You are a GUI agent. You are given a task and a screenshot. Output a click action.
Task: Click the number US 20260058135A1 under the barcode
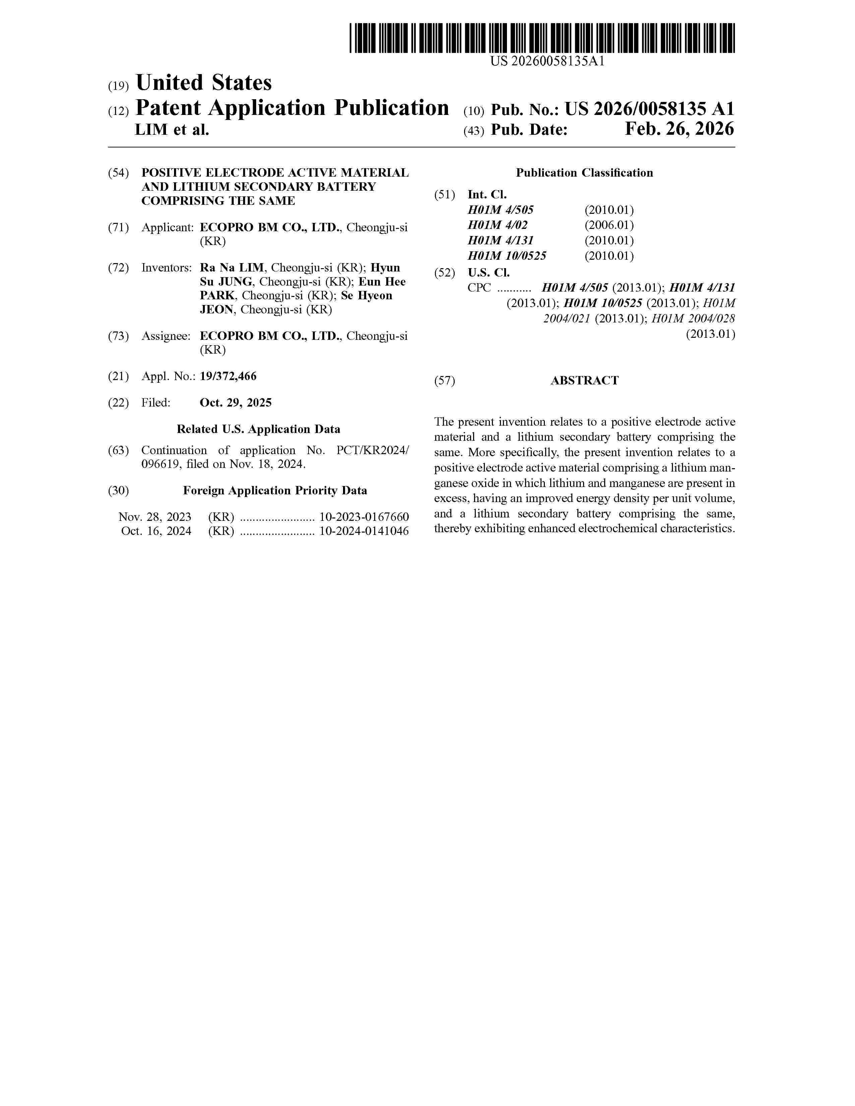pos(548,62)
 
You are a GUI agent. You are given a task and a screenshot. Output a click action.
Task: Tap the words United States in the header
pos(204,83)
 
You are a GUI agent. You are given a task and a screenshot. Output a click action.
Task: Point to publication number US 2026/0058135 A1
pos(649,109)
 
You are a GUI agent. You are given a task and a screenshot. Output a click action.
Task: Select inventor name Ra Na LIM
pos(231,267)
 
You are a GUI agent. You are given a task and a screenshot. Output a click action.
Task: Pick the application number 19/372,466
pos(228,376)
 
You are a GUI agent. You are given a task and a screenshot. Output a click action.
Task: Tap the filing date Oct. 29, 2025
pos(235,403)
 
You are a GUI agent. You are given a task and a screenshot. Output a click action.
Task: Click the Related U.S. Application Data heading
pos(258,429)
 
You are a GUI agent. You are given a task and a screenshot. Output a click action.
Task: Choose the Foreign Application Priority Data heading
pos(275,490)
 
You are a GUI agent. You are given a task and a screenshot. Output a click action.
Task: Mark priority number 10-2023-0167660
pos(364,517)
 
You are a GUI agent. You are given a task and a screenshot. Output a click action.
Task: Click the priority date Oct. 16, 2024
pos(156,531)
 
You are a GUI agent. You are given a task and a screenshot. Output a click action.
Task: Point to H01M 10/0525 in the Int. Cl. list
pos(507,256)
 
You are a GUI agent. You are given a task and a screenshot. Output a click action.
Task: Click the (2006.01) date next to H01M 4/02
pos(609,225)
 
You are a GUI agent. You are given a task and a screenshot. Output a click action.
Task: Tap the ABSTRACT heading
pos(584,380)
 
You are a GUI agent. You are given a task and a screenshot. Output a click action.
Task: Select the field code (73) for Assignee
pos(118,336)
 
